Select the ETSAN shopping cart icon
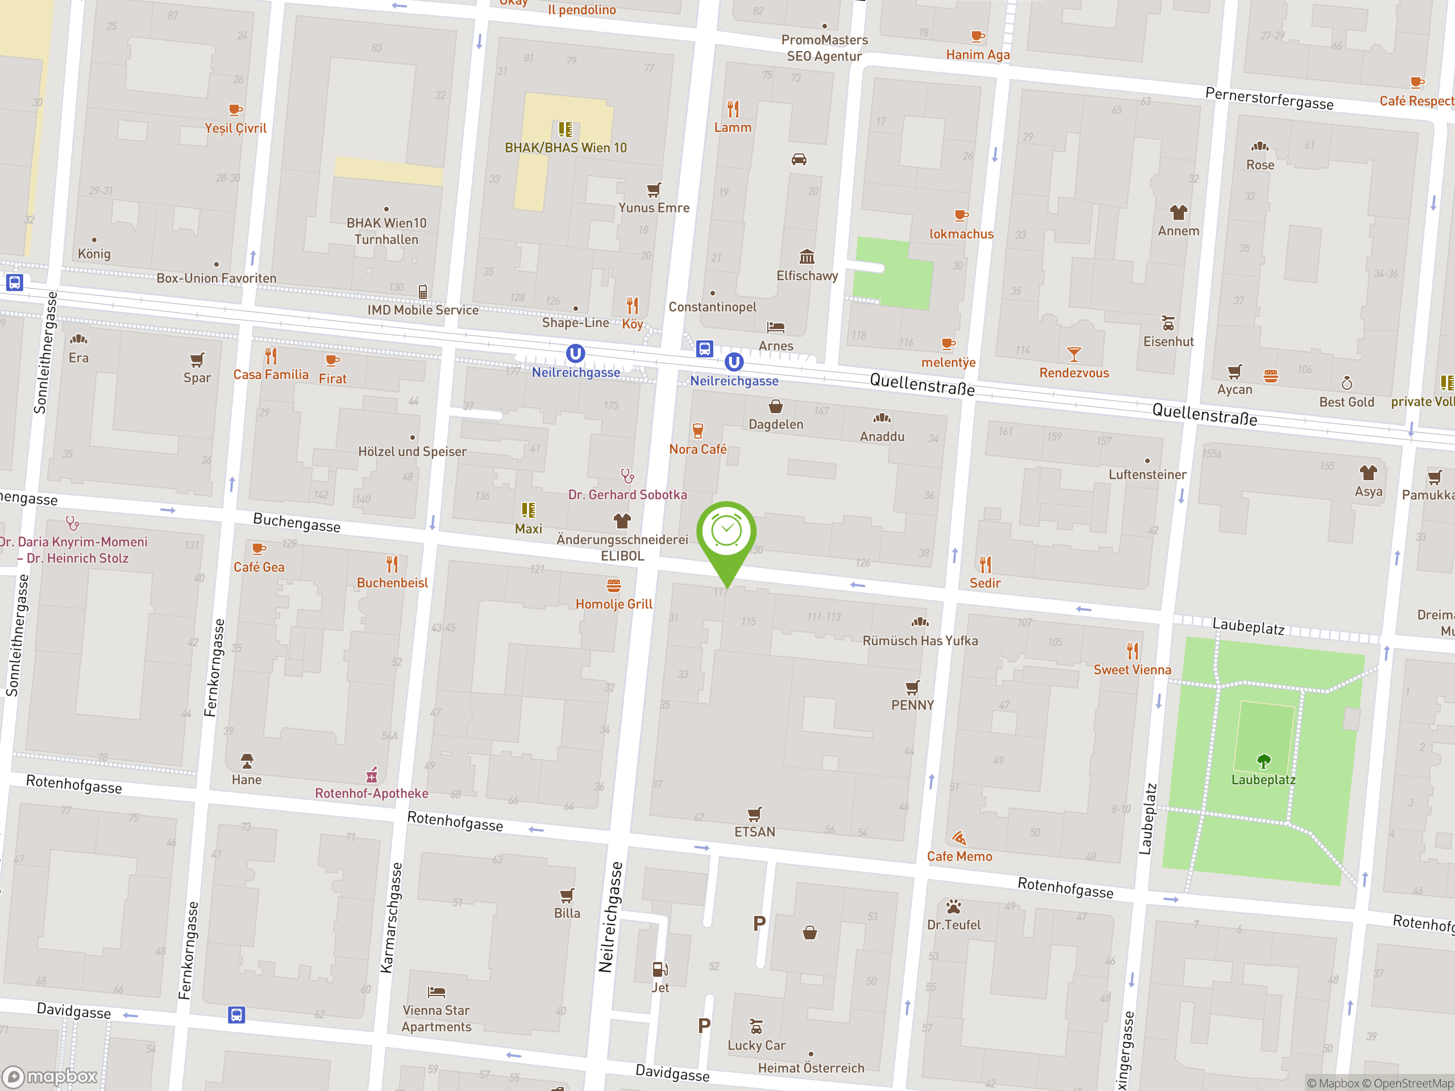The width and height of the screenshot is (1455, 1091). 754,814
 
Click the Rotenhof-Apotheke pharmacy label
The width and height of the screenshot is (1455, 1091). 371,793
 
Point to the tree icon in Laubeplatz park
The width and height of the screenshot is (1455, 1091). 1263,761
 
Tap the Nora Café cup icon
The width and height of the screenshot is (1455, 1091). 698,431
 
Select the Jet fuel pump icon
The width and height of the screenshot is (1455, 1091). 660,969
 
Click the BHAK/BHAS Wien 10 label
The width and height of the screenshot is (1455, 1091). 565,148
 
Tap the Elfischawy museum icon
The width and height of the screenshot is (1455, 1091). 807,256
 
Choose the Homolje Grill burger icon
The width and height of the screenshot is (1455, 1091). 613,585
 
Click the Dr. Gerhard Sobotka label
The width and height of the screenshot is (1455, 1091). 627,494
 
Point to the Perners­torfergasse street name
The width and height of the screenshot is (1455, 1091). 1269,99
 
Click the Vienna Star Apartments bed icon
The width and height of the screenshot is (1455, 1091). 436,992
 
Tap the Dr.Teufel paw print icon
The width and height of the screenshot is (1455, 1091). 953,907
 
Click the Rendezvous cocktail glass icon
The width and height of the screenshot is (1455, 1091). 1074,355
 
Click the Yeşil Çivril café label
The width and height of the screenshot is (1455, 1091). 235,128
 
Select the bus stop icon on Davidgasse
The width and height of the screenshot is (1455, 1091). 236,1015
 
